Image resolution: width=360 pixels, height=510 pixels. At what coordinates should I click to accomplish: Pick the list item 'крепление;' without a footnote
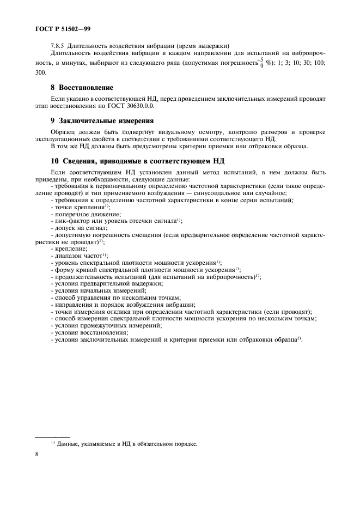coord(66,248)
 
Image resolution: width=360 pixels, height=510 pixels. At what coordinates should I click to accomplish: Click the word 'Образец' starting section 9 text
coord(64,132)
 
